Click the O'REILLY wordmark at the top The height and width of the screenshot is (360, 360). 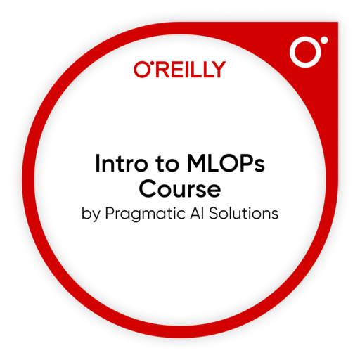[179, 69]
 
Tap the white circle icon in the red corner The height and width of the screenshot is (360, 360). [307, 53]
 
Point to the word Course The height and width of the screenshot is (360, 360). [180, 191]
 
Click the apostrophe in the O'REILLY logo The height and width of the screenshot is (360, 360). [150, 65]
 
